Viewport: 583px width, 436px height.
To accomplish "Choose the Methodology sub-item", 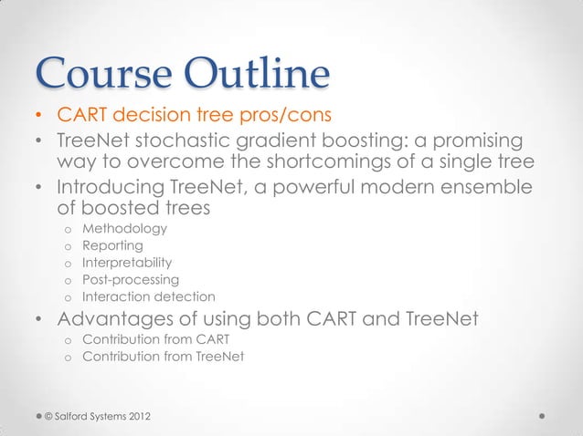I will click(x=125, y=228).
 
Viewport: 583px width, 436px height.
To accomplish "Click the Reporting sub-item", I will click(x=113, y=245).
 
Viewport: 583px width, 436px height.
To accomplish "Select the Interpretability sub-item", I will click(x=127, y=263).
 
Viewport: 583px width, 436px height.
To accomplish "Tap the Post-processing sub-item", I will click(x=131, y=279).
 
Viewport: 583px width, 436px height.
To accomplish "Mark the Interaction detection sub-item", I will click(x=149, y=296).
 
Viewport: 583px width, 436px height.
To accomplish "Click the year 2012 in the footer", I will click(x=134, y=417).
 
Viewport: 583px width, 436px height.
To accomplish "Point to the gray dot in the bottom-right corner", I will click(x=543, y=416).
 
